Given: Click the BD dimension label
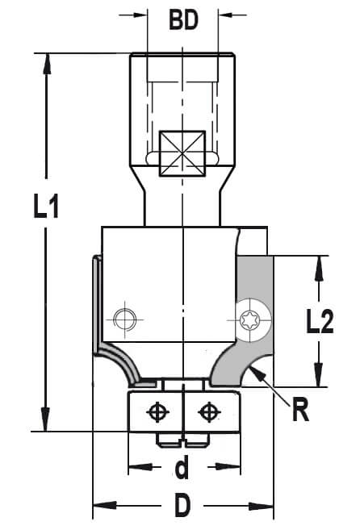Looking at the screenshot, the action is coord(183,20).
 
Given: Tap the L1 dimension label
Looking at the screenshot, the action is coord(46,206).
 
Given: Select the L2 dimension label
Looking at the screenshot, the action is coord(320,321).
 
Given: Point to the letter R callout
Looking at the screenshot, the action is coord(300,410).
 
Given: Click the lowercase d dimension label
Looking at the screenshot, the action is coord(182,467).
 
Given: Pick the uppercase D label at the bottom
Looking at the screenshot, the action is coord(182,505).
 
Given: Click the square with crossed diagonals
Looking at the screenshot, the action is coord(182,153).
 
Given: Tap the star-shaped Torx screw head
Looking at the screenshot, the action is coord(249,319).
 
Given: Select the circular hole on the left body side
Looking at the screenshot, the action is coord(125,319).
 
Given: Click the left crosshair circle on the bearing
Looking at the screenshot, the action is coord(157,412).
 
